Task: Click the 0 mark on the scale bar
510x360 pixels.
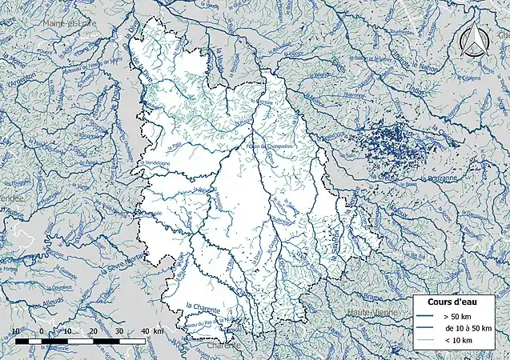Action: pyautogui.click(x=42, y=331)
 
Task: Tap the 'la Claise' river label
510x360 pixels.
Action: pyautogui.click(x=438, y=128)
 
